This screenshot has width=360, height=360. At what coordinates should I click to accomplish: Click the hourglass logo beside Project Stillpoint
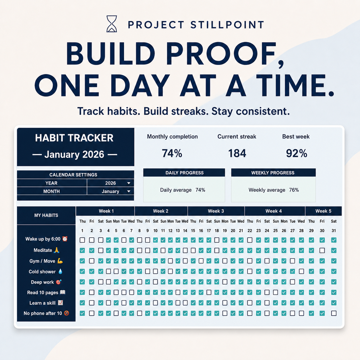[111, 24]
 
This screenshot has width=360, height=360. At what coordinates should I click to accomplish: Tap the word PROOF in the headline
[224, 53]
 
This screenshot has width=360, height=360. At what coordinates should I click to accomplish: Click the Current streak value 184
[237, 153]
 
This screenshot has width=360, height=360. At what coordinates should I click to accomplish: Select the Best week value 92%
[297, 153]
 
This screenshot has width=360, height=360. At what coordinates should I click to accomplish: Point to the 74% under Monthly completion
[172, 153]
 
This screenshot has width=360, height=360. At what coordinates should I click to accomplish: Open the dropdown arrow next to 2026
[129, 183]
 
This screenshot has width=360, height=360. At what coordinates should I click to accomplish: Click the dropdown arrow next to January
[129, 191]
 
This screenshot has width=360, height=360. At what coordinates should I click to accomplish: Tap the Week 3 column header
[216, 211]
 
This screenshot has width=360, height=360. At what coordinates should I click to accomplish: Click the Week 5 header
[323, 211]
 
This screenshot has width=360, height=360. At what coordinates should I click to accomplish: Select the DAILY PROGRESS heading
[184, 173]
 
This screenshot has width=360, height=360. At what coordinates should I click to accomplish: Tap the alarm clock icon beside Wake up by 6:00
[65, 239]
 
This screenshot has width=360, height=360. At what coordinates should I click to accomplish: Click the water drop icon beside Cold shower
[60, 272]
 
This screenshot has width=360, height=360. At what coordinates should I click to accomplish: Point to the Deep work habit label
[42, 282]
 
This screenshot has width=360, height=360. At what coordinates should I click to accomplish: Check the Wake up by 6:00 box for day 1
[82, 240]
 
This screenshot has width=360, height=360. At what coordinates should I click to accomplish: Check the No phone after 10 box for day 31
[334, 313]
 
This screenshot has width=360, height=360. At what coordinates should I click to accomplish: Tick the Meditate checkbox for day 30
[322, 250]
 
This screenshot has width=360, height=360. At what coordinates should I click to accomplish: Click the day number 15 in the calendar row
[193, 231]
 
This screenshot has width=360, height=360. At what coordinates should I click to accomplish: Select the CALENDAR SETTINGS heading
[73, 175]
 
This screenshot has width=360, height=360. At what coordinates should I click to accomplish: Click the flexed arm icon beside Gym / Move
[60, 261]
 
